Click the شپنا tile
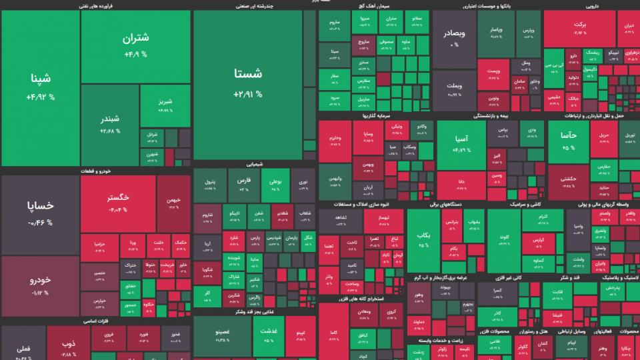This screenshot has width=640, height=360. [40, 87]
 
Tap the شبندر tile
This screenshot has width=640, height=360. [110, 123]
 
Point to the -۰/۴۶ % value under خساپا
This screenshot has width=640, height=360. [40, 223]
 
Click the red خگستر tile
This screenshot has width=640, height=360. [118, 203]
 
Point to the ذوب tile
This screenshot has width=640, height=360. [68, 345]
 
